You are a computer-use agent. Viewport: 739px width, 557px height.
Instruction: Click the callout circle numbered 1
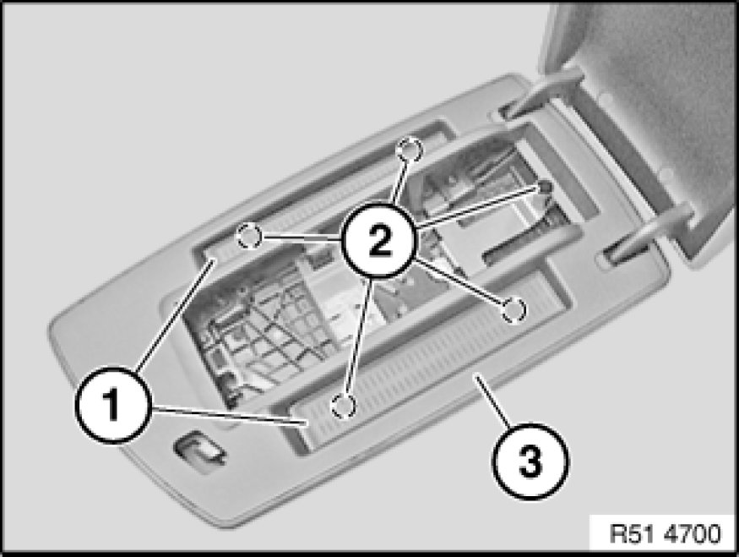[113, 404]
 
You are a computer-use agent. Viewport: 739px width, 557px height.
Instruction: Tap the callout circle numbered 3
[530, 461]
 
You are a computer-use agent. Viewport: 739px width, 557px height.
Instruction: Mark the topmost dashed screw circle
[410, 150]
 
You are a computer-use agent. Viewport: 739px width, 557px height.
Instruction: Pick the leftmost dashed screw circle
[249, 235]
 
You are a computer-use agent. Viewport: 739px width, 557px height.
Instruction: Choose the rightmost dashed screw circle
[513, 310]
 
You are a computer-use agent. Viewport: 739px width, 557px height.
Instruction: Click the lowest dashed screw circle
[344, 406]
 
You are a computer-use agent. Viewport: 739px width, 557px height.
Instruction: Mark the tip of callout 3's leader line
[476, 375]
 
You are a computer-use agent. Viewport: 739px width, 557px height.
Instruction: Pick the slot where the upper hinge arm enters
[507, 112]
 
